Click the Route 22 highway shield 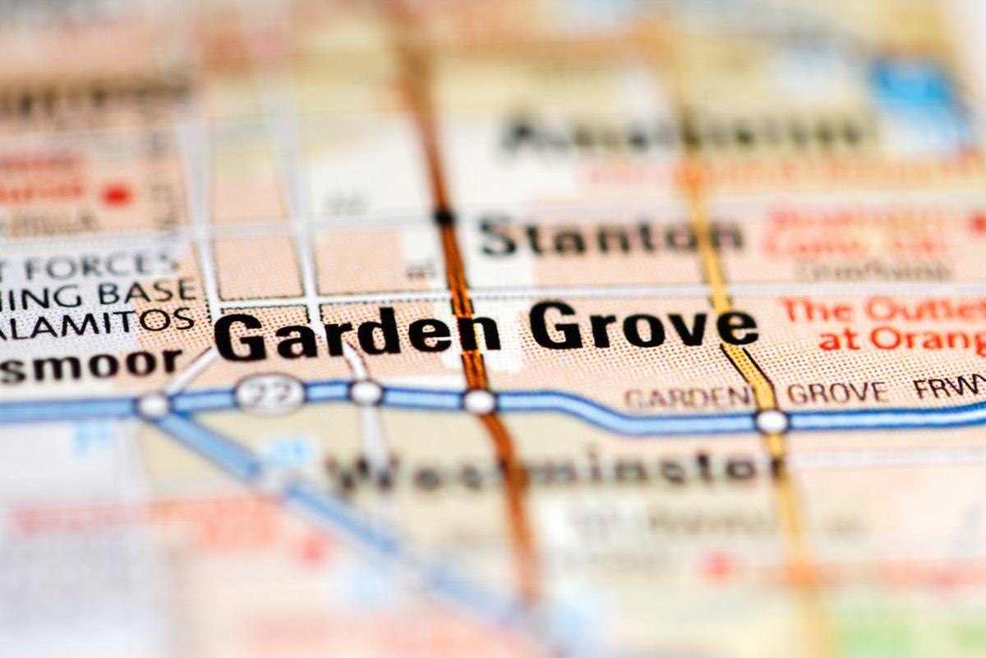coord(269,394)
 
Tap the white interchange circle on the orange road coord(479,401)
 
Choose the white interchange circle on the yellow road coord(771,421)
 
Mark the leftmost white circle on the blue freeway coord(153,405)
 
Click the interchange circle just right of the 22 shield coord(366,392)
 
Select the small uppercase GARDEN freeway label coord(686,397)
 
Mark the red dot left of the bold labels coord(117,195)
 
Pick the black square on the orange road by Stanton coord(445,218)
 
